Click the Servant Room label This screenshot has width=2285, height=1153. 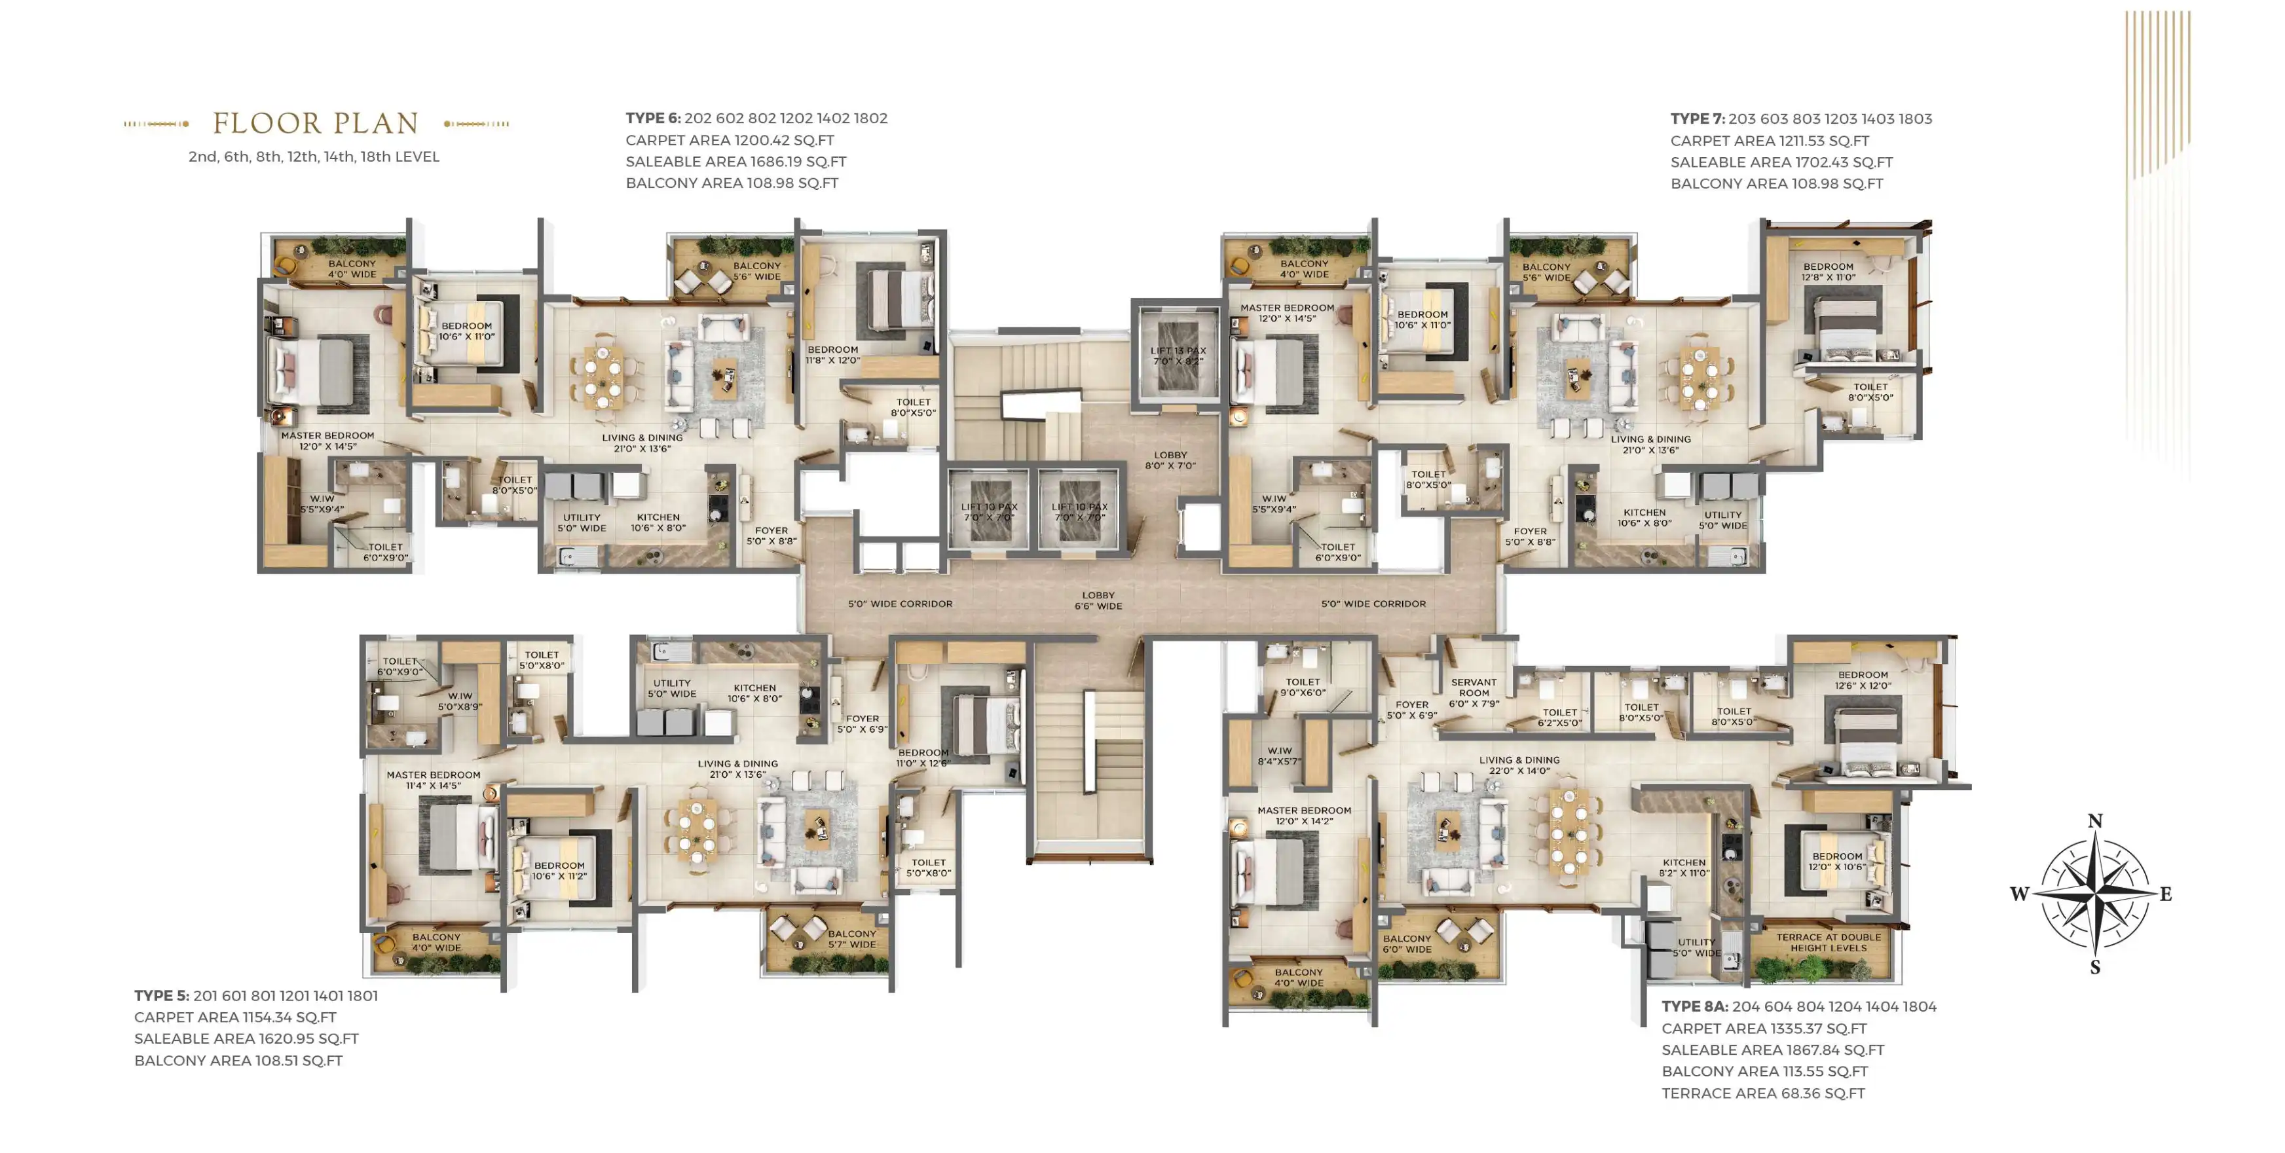1474,693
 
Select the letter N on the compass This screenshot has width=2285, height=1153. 2095,821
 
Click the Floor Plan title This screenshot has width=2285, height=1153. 316,123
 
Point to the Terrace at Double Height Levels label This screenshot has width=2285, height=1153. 1828,942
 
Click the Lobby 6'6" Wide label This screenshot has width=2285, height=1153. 1098,600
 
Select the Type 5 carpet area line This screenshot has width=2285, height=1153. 235,1017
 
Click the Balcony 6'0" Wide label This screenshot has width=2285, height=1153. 1407,943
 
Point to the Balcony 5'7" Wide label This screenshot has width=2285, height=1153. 851,940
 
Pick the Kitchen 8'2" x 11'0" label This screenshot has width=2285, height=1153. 1684,868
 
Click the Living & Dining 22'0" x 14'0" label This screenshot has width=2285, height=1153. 1519,765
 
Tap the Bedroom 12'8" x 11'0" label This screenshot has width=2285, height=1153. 1828,272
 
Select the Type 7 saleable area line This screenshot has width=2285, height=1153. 1781,162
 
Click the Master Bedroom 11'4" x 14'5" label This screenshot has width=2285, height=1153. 433,780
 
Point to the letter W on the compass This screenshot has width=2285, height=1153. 2020,894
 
